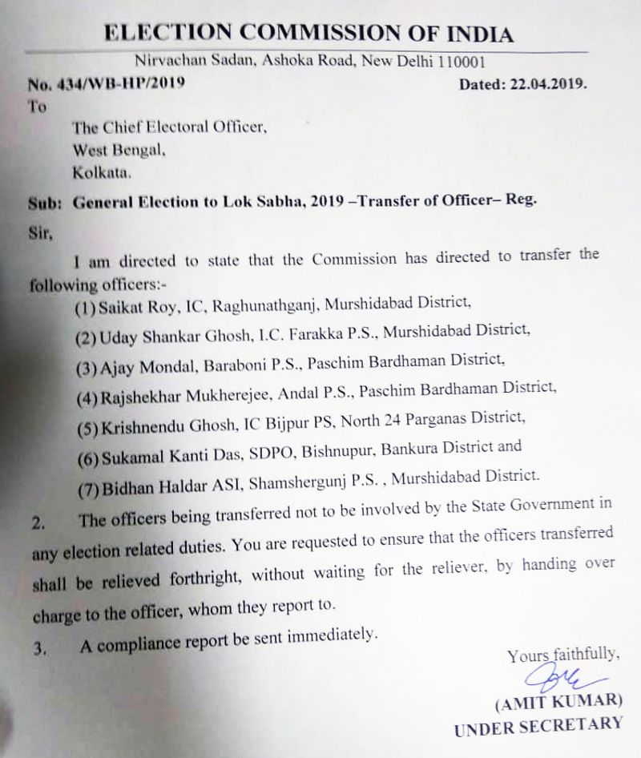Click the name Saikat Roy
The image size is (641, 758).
(140, 302)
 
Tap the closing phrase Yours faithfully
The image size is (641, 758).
(562, 655)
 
